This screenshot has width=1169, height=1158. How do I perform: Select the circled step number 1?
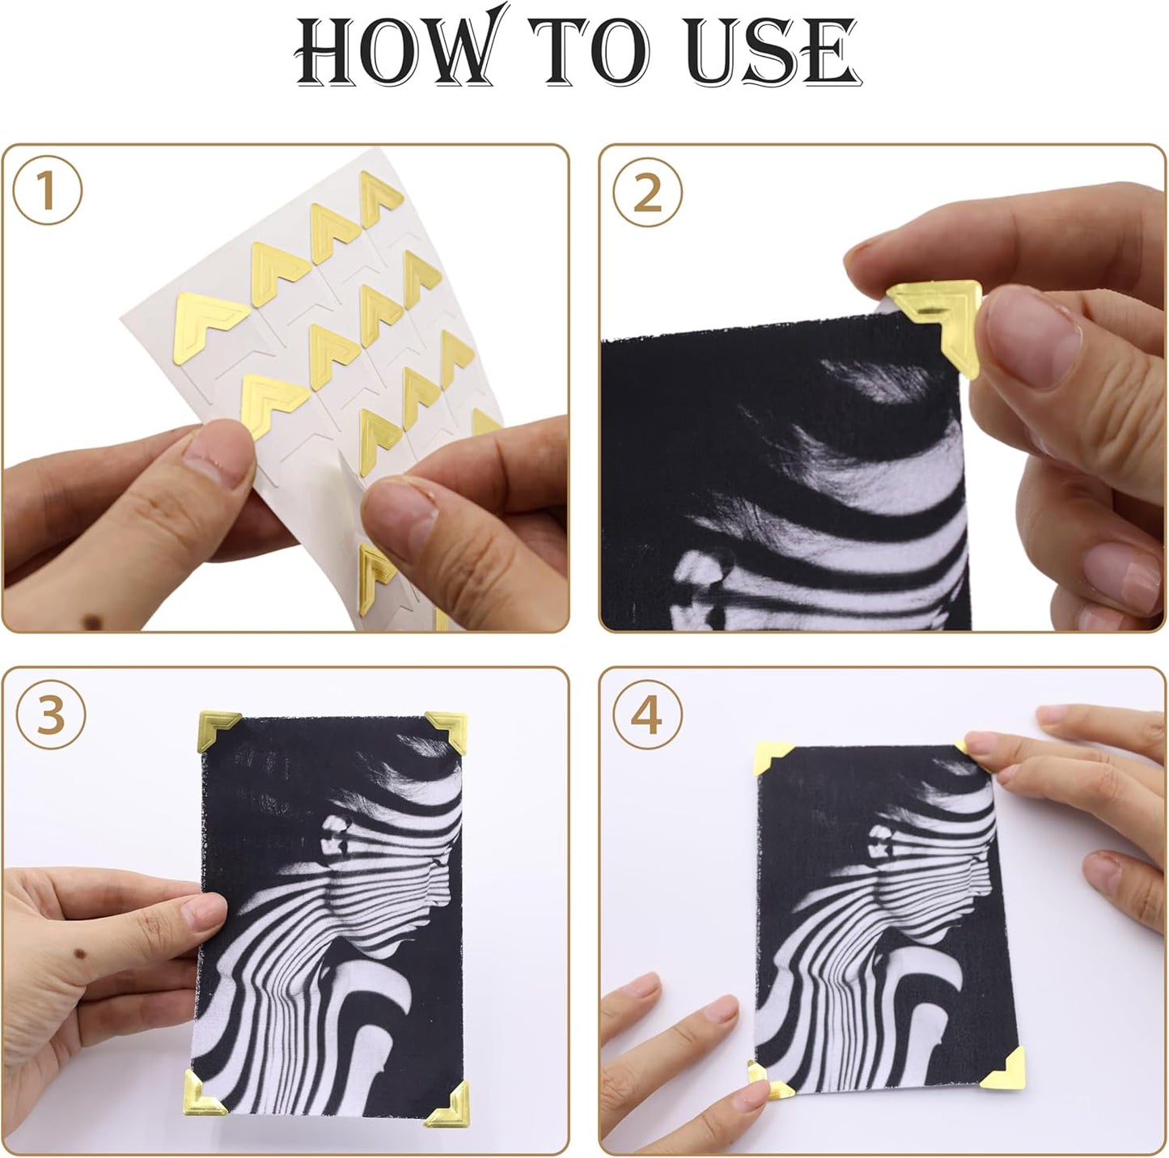coord(47,193)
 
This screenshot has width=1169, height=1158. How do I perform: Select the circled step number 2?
coord(647,193)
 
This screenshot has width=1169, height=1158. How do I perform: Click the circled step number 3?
coord(50,715)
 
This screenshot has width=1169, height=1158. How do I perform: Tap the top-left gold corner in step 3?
coord(217,727)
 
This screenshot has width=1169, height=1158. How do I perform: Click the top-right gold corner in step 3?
coord(447,727)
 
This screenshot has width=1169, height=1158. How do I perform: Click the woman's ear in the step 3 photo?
coord(333,834)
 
